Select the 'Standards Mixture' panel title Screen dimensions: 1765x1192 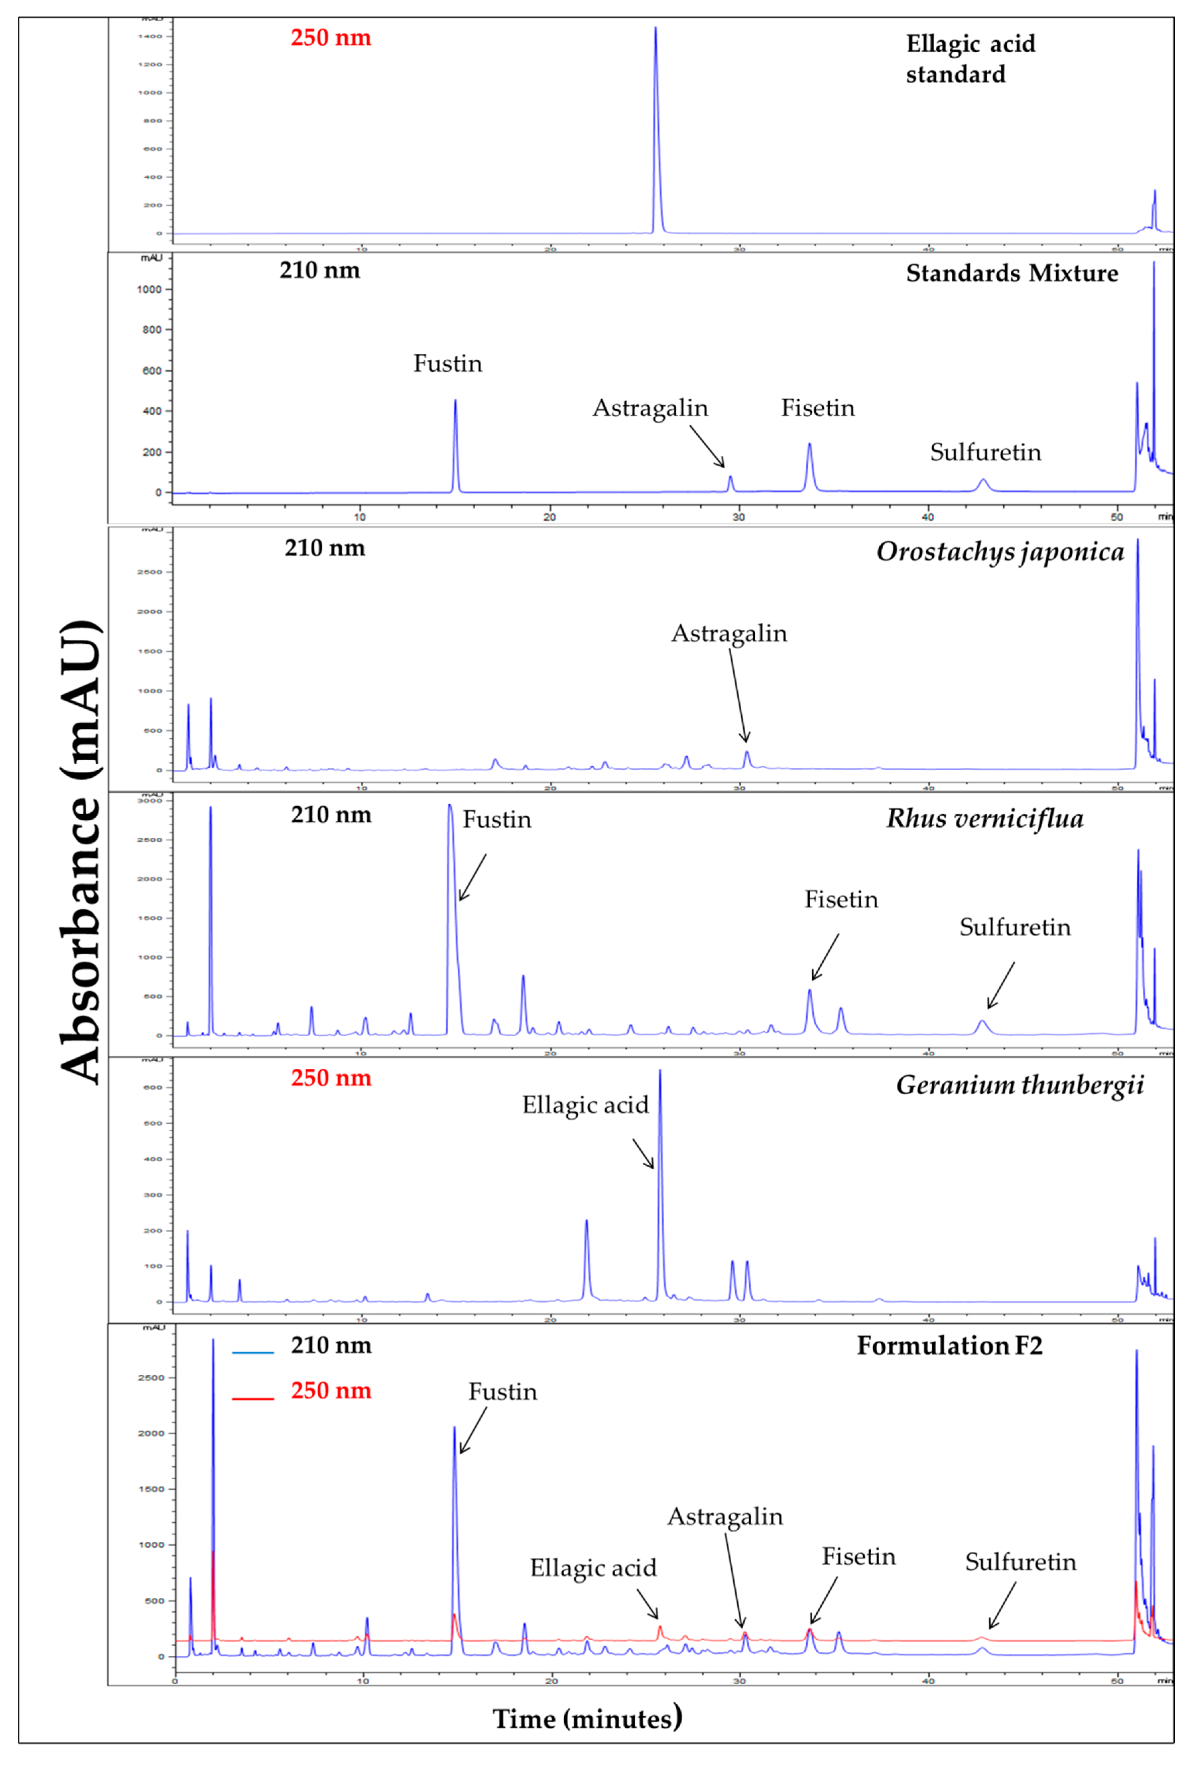(1011, 274)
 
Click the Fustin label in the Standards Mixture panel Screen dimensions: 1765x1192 (447, 364)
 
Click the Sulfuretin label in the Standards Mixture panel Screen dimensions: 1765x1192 (985, 453)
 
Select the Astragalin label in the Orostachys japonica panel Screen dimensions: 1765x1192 (729, 633)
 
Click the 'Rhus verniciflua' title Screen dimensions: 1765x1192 (985, 819)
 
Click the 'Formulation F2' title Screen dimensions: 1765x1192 (949, 1346)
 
